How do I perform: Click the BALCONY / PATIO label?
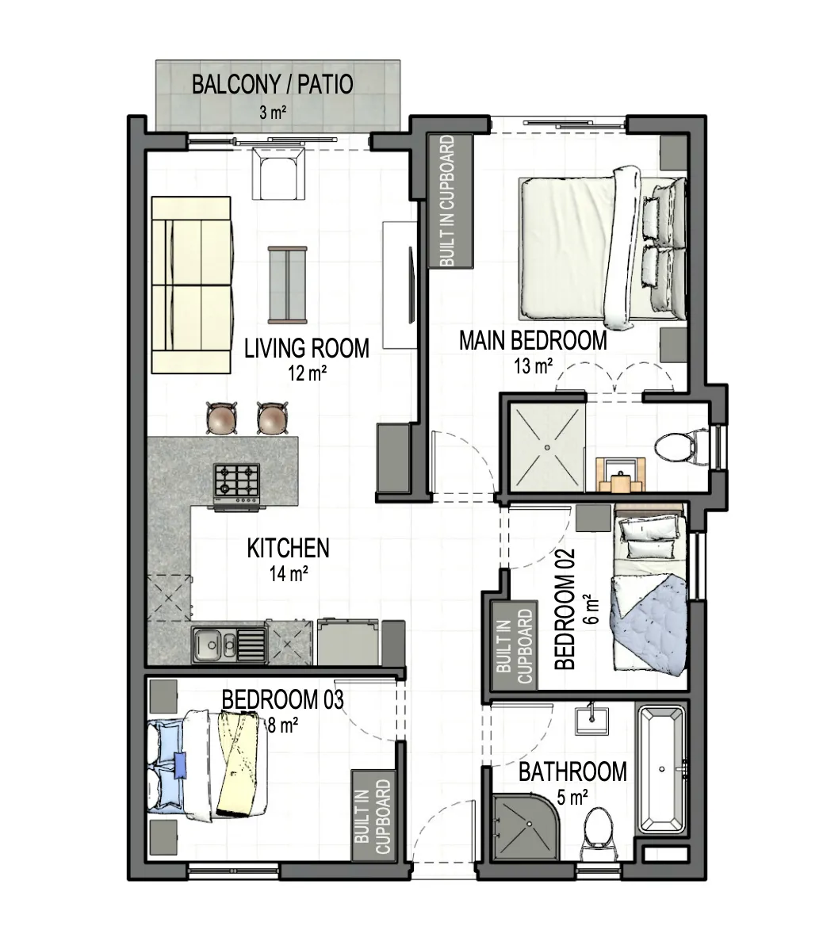tap(272, 84)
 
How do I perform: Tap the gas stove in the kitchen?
tap(237, 487)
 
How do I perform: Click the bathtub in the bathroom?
tap(661, 770)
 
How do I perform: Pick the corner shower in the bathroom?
tap(526, 826)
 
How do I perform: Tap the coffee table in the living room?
tap(288, 285)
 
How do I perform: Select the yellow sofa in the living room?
tap(192, 285)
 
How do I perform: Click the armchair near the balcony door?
tap(279, 173)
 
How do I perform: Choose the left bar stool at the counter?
tap(221, 418)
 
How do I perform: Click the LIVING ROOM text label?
tap(307, 348)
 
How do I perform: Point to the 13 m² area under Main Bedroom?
tap(533, 366)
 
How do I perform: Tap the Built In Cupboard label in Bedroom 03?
tap(373, 816)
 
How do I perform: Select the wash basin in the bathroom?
tap(592, 720)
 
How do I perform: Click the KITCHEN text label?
tap(289, 549)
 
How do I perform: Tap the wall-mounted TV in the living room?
tap(411, 285)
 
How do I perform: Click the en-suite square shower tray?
tap(546, 446)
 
